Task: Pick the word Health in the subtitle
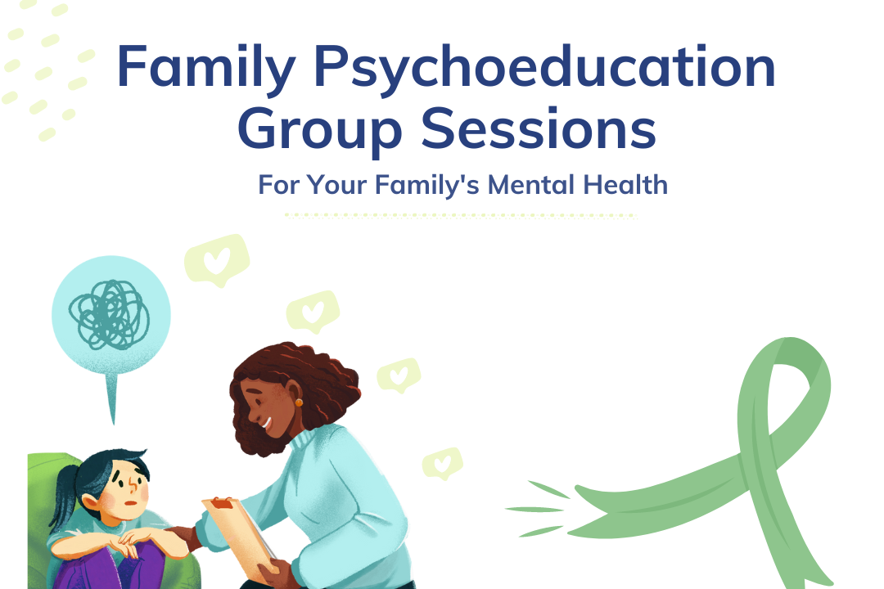625,185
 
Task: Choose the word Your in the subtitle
337,185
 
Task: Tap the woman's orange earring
299,402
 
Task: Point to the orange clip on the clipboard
219,501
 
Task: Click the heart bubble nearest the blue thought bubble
215,261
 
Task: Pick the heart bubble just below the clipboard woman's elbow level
442,463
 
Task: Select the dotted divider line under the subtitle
461,216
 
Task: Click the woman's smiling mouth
267,424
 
